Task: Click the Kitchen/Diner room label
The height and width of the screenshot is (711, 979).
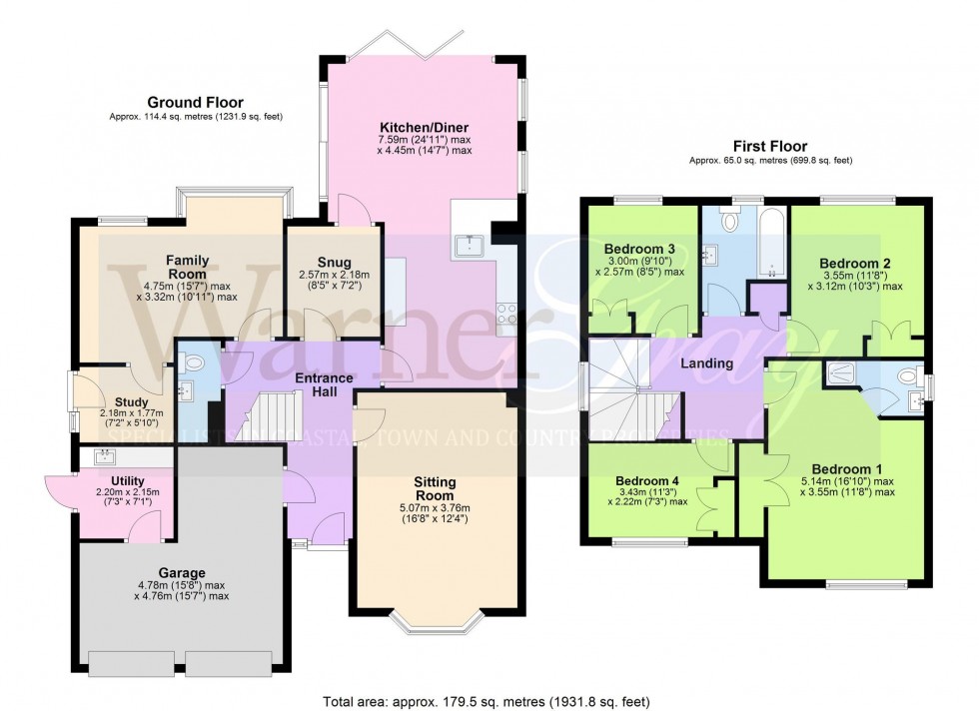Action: coord(425,127)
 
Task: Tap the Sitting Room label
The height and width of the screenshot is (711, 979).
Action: coord(435,488)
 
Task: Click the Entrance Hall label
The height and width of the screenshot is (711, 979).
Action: coord(323,384)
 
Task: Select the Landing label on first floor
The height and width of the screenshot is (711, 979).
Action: coord(707,363)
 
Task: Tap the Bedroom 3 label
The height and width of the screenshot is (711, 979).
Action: coord(640,249)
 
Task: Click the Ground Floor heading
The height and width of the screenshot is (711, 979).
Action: coord(195,102)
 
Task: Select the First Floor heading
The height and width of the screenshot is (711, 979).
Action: coord(769,146)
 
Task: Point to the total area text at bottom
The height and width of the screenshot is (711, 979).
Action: coord(489,701)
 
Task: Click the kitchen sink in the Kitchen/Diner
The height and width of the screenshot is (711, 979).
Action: coord(469,243)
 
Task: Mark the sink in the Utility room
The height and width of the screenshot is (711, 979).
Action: coord(105,457)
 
